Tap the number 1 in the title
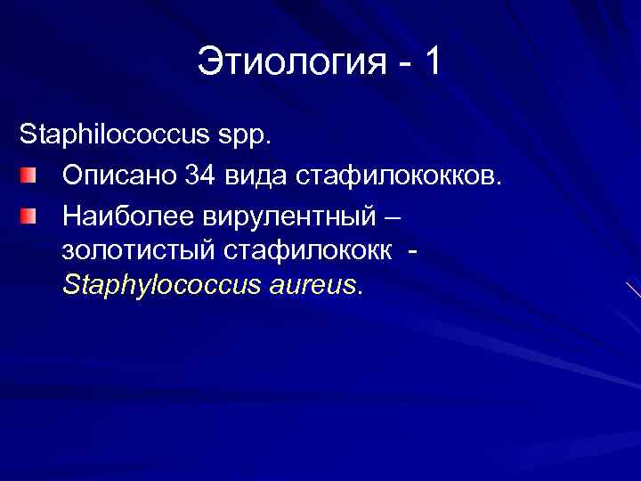point(432,62)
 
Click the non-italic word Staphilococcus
point(111,138)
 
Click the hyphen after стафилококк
point(411,252)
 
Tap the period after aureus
point(360,293)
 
